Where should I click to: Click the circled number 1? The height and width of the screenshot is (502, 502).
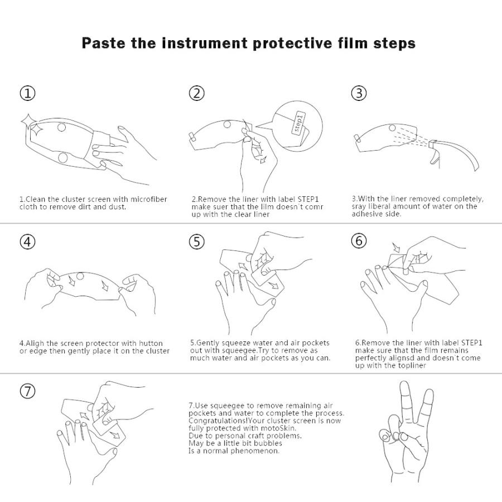point(28,93)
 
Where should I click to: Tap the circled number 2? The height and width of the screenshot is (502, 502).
point(196,93)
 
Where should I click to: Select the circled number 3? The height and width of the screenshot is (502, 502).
point(359,93)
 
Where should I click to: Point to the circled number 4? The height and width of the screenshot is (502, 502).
point(28,242)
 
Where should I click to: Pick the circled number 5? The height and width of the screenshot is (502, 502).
point(196,242)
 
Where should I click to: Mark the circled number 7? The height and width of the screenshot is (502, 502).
point(28,391)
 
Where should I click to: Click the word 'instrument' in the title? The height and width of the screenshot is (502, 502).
point(205,43)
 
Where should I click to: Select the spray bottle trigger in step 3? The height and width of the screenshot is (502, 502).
point(435,157)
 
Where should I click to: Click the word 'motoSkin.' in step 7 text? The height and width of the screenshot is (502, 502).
point(279,428)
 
